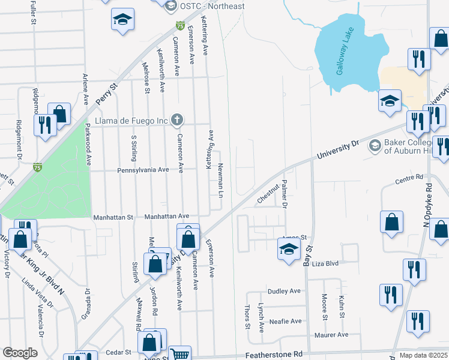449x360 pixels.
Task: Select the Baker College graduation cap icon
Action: pyautogui.click(x=375, y=146)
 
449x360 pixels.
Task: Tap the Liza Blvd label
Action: pyautogui.click(x=326, y=263)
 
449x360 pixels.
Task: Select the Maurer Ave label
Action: pyautogui.click(x=334, y=335)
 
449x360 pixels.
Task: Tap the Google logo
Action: pyautogui.click(x=20, y=353)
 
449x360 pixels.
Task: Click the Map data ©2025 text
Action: pyautogui.click(x=423, y=355)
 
